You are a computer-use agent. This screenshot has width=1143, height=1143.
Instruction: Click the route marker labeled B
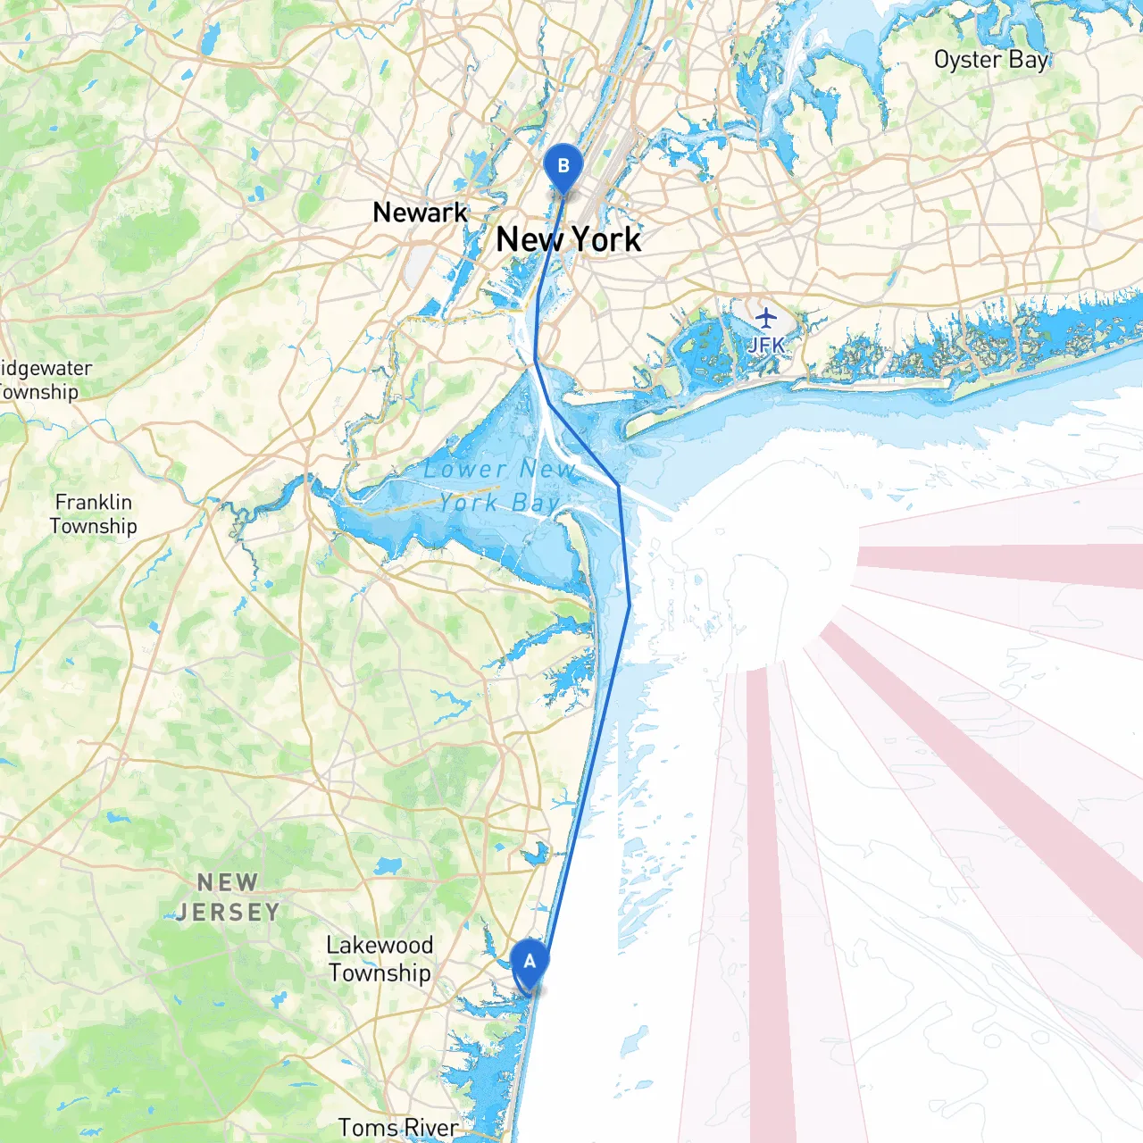tap(563, 167)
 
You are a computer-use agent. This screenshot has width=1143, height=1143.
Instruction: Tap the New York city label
tap(568, 239)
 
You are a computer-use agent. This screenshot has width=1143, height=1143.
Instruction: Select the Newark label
tap(420, 213)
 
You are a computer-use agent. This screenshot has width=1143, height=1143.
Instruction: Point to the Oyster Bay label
tap(990, 60)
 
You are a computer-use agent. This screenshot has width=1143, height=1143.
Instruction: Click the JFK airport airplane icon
tap(766, 317)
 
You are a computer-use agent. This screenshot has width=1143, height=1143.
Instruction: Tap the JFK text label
tap(766, 345)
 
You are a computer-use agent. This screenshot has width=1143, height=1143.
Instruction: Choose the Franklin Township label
tap(94, 514)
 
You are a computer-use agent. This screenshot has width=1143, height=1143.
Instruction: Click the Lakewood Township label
tap(380, 959)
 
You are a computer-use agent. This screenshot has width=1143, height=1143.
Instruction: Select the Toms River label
tap(398, 1128)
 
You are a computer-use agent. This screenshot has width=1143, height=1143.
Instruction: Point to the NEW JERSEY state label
tap(228, 897)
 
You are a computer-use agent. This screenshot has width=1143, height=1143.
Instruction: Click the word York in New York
tap(605, 239)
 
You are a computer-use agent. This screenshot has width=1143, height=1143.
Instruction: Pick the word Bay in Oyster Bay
tap(1028, 61)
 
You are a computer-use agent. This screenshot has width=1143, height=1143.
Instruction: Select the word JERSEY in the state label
tap(228, 913)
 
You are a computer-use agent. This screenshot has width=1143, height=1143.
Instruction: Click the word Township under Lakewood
tap(380, 973)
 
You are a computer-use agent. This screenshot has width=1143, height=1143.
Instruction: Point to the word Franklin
tap(94, 502)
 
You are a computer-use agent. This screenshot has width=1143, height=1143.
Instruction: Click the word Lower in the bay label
tap(464, 470)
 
